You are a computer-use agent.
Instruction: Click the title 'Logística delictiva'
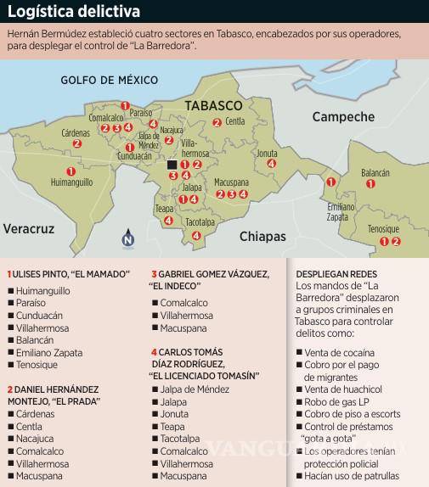74,11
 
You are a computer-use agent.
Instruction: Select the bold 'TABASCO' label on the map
214,106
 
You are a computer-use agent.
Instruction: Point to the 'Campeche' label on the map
342,116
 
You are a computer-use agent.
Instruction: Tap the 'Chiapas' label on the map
262,236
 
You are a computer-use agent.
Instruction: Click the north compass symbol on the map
127,239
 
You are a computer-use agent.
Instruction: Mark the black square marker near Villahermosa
172,165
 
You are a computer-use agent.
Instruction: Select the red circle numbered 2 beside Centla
217,122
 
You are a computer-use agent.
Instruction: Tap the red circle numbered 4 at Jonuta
271,166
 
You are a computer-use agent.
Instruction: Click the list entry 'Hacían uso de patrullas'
353,477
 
